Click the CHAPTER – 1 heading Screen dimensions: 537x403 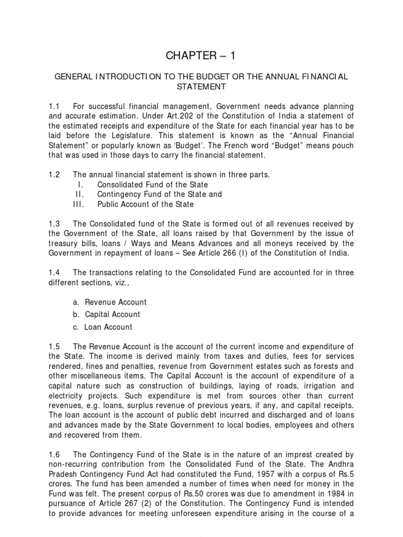[201, 56]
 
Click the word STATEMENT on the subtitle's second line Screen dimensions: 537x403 [201, 86]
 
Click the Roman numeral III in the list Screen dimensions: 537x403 [80, 204]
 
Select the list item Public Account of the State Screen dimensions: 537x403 [145, 204]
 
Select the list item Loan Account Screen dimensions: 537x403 [109, 327]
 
